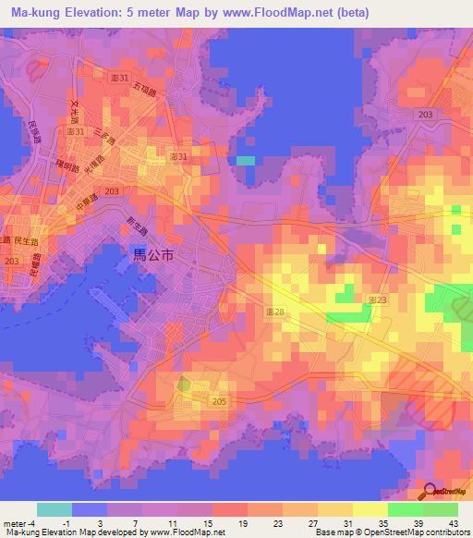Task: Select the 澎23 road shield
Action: coord(377,300)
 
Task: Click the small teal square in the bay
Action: coord(244,161)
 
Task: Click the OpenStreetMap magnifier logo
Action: coord(430,493)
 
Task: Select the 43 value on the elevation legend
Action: coord(453,523)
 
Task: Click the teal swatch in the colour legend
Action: coord(54,509)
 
